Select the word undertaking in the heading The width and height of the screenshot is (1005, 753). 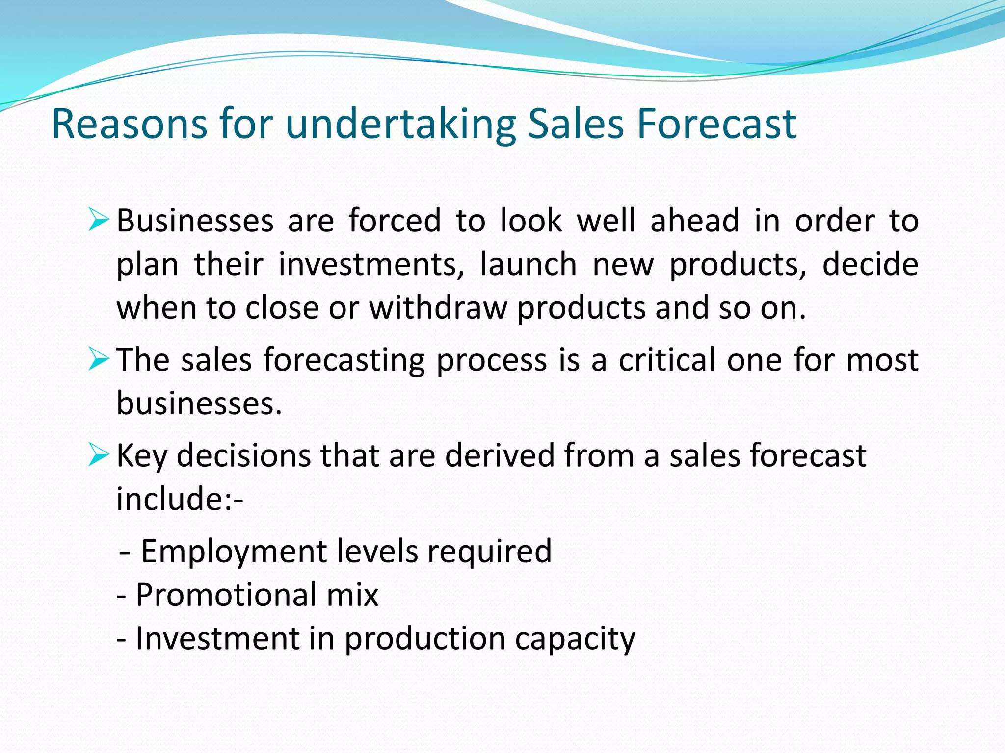[x=400, y=125]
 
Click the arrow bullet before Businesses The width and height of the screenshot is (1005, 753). [x=98, y=220]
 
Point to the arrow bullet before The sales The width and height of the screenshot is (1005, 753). [x=98, y=359]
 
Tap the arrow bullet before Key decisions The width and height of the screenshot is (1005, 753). [x=98, y=454]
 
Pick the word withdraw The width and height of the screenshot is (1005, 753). [x=438, y=308]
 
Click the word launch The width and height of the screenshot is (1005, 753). [x=528, y=265]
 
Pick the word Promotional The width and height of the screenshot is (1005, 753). [x=226, y=595]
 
